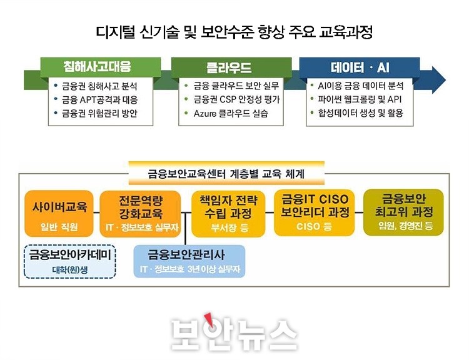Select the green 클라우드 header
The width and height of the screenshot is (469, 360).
[x=231, y=67]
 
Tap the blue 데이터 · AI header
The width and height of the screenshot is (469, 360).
[x=360, y=67]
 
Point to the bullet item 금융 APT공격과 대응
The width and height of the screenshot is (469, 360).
[x=99, y=100]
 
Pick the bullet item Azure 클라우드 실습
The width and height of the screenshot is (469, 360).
[x=231, y=114]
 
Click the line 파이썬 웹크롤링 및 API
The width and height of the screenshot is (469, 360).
[x=360, y=99]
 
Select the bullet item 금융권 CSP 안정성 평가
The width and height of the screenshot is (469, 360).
[x=236, y=99]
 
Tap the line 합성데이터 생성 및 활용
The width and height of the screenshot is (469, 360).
[x=360, y=113]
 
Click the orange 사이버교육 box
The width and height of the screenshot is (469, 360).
[x=59, y=214]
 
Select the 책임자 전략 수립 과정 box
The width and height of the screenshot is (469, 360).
[x=228, y=214]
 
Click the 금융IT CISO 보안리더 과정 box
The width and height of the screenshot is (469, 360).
[x=315, y=212]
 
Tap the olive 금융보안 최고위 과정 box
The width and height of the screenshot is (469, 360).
[x=403, y=212]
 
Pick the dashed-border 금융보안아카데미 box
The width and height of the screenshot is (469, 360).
[x=69, y=262]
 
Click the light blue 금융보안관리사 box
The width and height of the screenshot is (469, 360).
[x=189, y=261]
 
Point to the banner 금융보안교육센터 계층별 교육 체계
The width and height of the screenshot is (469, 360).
[x=226, y=173]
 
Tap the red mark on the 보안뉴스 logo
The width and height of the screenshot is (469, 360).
[x=208, y=319]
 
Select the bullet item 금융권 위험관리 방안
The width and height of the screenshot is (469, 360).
[x=99, y=114]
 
